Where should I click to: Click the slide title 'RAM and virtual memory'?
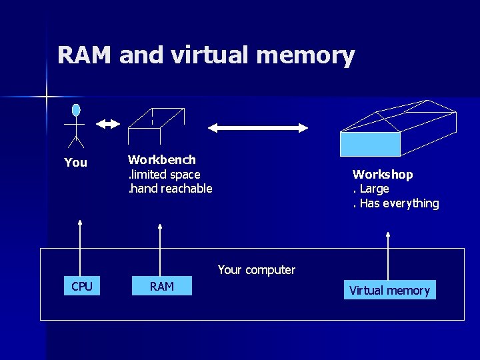point(206,55)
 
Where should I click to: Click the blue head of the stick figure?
point(76,110)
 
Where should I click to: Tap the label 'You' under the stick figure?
point(75,162)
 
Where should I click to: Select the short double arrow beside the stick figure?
point(107,124)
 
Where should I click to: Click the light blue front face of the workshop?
point(370,143)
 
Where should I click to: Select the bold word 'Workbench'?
point(162,160)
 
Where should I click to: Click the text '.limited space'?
point(164,175)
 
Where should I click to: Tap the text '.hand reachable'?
point(170,189)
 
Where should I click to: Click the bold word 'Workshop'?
point(383,175)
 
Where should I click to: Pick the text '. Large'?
point(371,189)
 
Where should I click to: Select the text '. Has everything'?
point(395,203)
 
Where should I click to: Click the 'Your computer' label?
point(257,270)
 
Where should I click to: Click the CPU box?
point(81,287)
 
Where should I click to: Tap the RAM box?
point(162,287)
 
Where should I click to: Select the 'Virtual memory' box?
point(390,290)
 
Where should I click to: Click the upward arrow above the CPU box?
point(80,247)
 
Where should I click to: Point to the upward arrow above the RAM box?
point(161,247)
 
